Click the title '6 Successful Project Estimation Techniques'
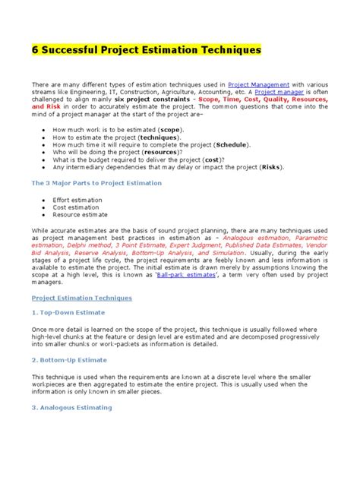pos(145,50)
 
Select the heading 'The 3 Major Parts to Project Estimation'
pos(96,183)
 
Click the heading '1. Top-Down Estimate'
pos(68,312)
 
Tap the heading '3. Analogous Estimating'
pos(71,407)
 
